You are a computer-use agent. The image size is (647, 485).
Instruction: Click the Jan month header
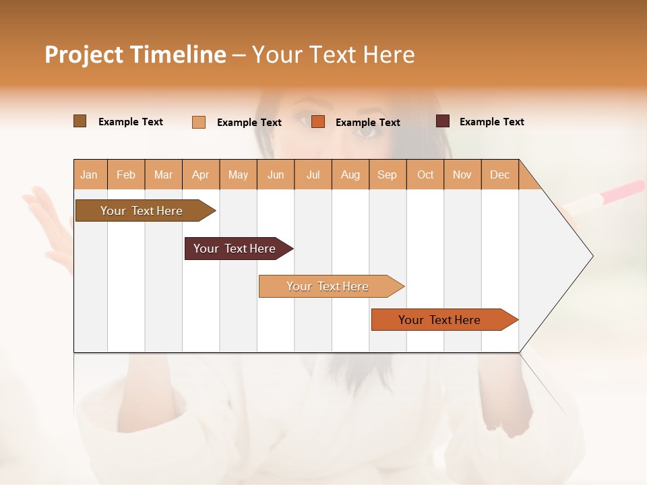90,174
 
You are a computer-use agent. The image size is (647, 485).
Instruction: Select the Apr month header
201,174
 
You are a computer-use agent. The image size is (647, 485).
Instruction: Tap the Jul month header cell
313,174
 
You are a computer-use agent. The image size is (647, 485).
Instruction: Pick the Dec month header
499,174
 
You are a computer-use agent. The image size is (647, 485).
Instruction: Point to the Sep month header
388,174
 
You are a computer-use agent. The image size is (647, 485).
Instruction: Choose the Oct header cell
425,174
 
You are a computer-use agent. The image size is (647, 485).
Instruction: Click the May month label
238,174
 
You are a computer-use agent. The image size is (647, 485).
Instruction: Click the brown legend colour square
80,121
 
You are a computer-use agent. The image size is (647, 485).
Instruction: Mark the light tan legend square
199,122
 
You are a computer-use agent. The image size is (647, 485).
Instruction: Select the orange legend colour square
318,122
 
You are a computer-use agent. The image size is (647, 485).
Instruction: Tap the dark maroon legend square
443,121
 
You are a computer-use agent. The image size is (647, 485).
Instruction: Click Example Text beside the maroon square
491,122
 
